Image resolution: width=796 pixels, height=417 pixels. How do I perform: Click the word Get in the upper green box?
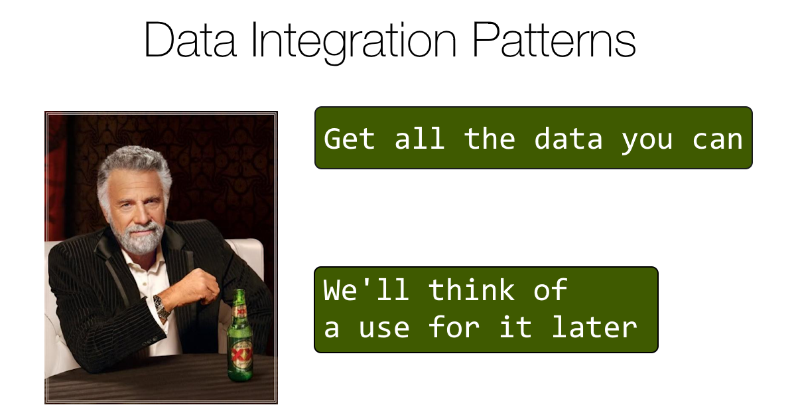tap(350, 139)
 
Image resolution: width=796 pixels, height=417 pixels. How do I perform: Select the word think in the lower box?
tap(471, 290)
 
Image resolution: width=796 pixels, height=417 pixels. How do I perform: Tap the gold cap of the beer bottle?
tap(240, 293)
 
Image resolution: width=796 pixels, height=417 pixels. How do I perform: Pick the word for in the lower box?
tap(454, 327)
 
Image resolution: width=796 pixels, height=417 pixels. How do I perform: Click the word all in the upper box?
tap(419, 139)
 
